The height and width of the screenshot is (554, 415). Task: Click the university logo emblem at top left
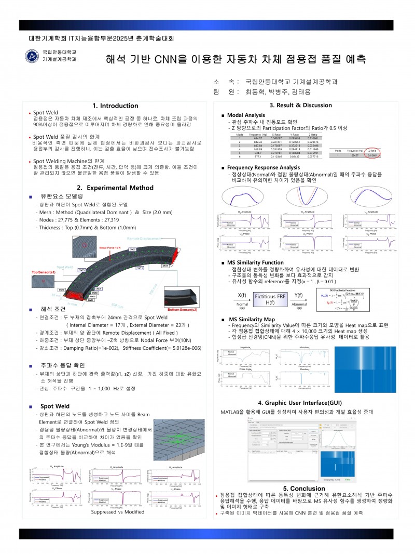tap(33, 56)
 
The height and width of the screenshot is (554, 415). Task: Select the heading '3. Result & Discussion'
tap(300, 105)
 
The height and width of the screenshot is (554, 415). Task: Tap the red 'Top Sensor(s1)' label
tap(45, 272)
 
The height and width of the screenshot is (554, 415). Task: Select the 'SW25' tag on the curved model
tap(132, 250)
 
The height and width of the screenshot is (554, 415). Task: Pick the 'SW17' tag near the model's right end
tap(165, 266)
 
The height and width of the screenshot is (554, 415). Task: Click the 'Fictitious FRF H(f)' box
tap(271, 299)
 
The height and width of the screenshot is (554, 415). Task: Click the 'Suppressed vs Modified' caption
tap(117, 511)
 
